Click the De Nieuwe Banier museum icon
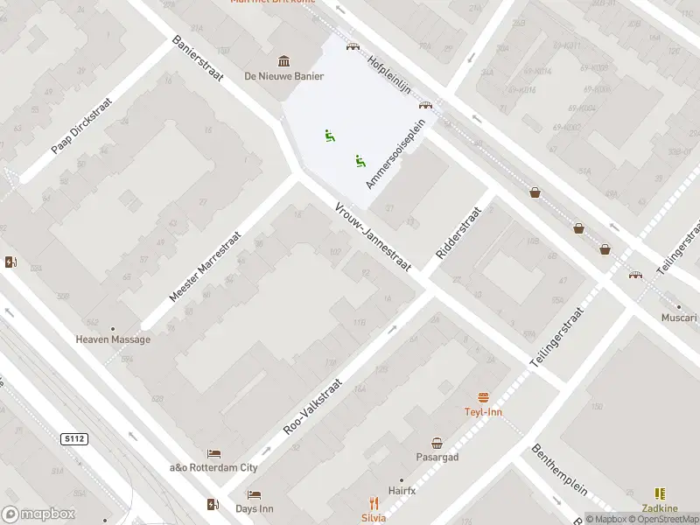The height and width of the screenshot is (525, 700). click(284, 60)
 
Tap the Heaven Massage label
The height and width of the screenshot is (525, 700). click(113, 339)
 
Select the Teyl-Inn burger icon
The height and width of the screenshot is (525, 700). click(483, 396)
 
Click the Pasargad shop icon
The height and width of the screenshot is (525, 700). click(437, 443)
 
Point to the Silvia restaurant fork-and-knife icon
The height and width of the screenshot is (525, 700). click(374, 502)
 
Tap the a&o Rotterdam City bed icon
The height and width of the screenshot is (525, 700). click(213, 453)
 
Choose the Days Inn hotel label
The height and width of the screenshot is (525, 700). click(255, 508)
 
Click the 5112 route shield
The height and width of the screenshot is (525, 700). click(74, 438)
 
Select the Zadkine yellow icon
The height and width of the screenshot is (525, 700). click(659, 494)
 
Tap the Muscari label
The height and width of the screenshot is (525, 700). click(679, 318)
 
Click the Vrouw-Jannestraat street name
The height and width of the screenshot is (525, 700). click(373, 236)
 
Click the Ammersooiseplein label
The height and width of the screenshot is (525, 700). click(395, 154)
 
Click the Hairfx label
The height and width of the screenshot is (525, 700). click(402, 492)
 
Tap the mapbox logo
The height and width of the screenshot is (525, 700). click(38, 514)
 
